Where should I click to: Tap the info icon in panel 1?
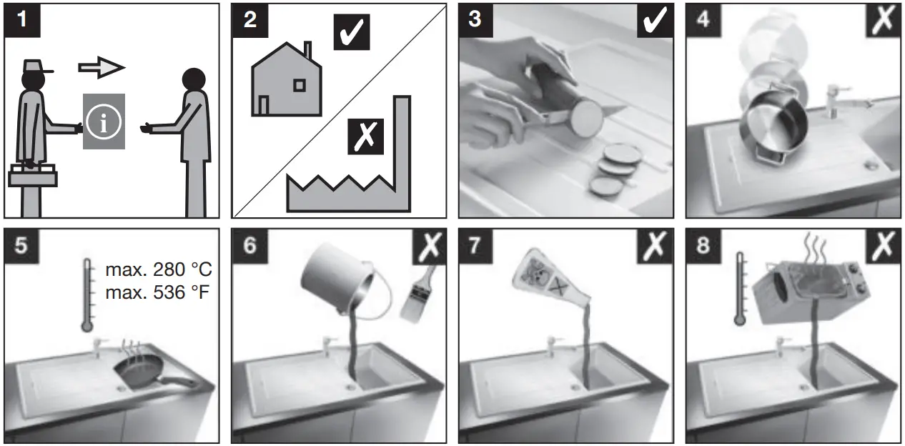click(104, 122)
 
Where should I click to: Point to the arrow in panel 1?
click(102, 67)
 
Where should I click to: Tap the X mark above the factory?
click(366, 135)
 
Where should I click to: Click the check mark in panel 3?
click(655, 21)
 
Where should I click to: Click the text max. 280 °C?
click(159, 271)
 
